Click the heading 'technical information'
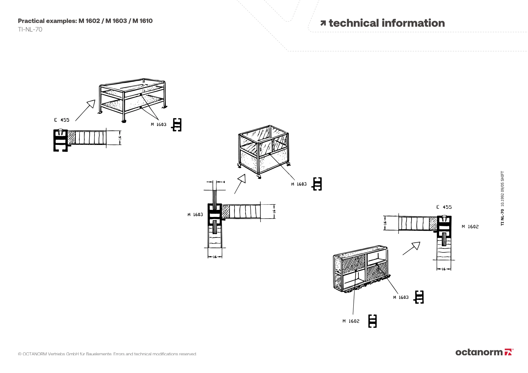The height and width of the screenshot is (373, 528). pyautogui.click(x=386, y=23)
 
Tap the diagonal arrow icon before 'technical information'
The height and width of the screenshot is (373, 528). pyautogui.click(x=323, y=23)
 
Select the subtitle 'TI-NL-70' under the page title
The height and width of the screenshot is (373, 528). pyautogui.click(x=30, y=30)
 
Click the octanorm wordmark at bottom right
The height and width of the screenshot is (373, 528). pyautogui.click(x=479, y=352)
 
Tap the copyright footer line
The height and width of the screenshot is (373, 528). pyautogui.click(x=107, y=354)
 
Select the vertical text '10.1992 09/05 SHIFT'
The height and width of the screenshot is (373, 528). pyautogui.click(x=502, y=189)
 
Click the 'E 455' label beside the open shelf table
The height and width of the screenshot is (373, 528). pyautogui.click(x=62, y=120)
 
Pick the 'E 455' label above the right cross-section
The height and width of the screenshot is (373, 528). pyautogui.click(x=444, y=207)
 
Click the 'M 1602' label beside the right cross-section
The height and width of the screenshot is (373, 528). pyautogui.click(x=470, y=227)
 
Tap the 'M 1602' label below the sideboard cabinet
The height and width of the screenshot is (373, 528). pyautogui.click(x=351, y=321)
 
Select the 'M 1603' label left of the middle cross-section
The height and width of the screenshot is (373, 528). pyautogui.click(x=195, y=215)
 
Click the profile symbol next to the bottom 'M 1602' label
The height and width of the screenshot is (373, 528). pyautogui.click(x=373, y=321)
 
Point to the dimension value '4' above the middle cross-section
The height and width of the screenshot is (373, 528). pyautogui.click(x=224, y=182)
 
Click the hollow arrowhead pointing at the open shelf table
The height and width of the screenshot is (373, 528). pyautogui.click(x=91, y=104)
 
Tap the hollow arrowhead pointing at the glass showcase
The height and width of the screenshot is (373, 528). pyautogui.click(x=242, y=179)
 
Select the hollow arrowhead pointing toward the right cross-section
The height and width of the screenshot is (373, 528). pyautogui.click(x=416, y=246)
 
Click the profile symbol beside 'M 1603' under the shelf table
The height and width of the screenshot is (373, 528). pyautogui.click(x=177, y=125)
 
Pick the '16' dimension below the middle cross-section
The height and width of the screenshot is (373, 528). pyautogui.click(x=215, y=257)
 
